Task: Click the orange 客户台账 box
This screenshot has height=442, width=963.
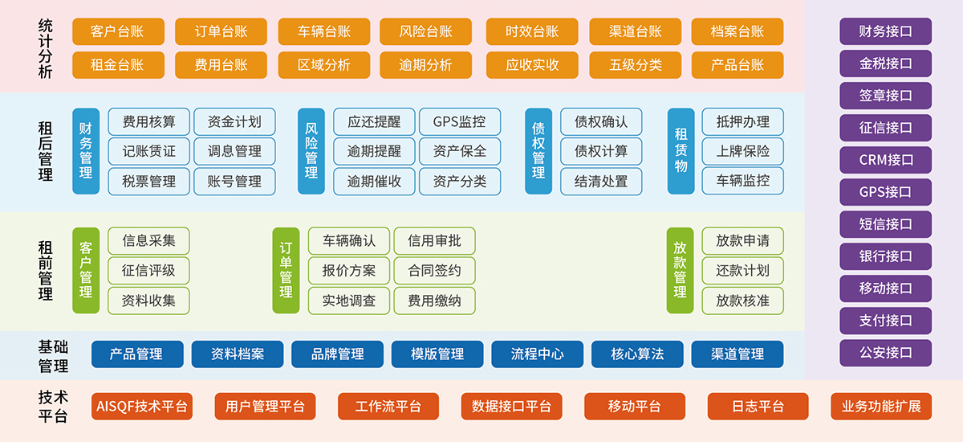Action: click(118, 32)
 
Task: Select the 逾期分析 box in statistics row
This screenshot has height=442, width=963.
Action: click(425, 65)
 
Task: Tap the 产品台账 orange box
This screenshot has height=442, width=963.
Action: click(737, 65)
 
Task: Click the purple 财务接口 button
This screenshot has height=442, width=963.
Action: click(885, 31)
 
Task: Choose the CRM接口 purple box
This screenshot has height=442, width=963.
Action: click(885, 160)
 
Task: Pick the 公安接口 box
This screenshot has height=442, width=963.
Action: click(885, 353)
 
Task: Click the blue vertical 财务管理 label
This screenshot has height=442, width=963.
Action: click(86, 151)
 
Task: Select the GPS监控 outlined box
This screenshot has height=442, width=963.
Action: click(459, 122)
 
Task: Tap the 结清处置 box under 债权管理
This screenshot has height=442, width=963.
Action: click(601, 182)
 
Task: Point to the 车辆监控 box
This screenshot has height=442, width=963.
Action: click(742, 182)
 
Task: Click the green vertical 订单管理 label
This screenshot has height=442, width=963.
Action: click(286, 270)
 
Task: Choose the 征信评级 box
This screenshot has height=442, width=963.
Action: click(148, 271)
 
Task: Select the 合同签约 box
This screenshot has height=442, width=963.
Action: click(434, 271)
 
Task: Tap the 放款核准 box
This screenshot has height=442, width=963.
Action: click(742, 301)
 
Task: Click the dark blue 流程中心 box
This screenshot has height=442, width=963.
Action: click(537, 354)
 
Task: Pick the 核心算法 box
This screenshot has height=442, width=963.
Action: click(637, 354)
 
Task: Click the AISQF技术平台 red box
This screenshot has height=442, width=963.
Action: click(141, 407)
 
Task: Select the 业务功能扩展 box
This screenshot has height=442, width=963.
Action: click(880, 407)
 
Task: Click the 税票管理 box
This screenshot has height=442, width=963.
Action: click(148, 182)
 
